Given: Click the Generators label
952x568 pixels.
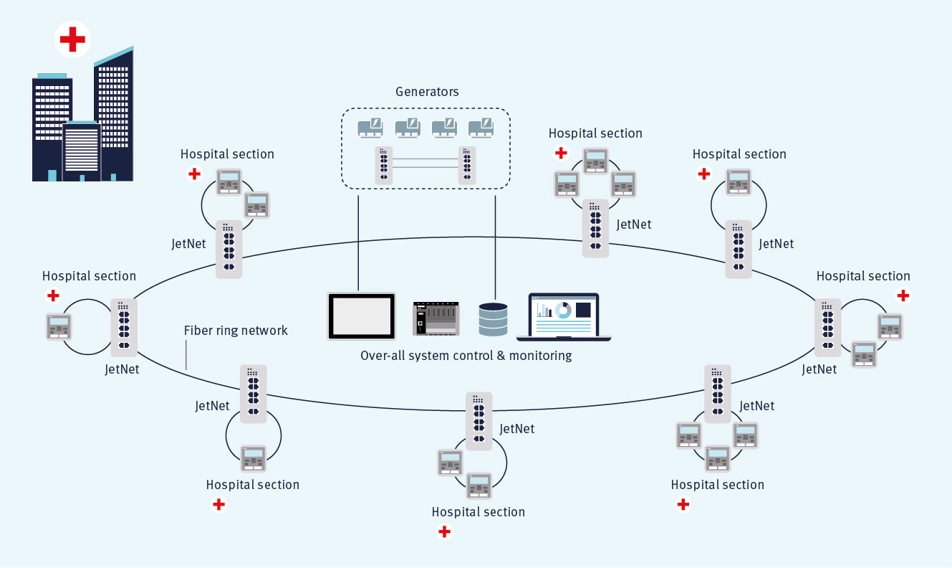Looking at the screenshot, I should tap(427, 92).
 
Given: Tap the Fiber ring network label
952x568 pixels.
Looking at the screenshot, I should tap(236, 331).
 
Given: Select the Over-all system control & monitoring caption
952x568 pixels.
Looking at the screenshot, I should tap(466, 356).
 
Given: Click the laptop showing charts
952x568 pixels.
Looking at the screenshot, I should tap(563, 316).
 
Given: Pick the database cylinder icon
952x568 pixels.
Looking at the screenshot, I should tap(493, 319).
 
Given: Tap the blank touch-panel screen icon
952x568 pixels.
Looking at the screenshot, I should tap(362, 316).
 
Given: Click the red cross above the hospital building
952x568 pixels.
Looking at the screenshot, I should tap(72, 39).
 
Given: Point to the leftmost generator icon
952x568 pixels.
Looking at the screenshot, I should tap(370, 128).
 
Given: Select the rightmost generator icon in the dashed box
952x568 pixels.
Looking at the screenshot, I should tap(481, 128).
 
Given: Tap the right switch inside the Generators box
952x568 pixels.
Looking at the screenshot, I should tap(467, 165).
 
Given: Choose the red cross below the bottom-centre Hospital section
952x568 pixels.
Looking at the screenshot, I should tap(444, 531).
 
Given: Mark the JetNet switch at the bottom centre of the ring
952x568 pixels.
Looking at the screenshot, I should tap(479, 420).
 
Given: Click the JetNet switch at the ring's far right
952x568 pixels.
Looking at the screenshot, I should tap(828, 327).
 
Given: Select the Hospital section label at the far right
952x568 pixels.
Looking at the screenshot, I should tap(863, 276).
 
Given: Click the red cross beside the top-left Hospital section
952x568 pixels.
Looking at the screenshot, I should tap(193, 174).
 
